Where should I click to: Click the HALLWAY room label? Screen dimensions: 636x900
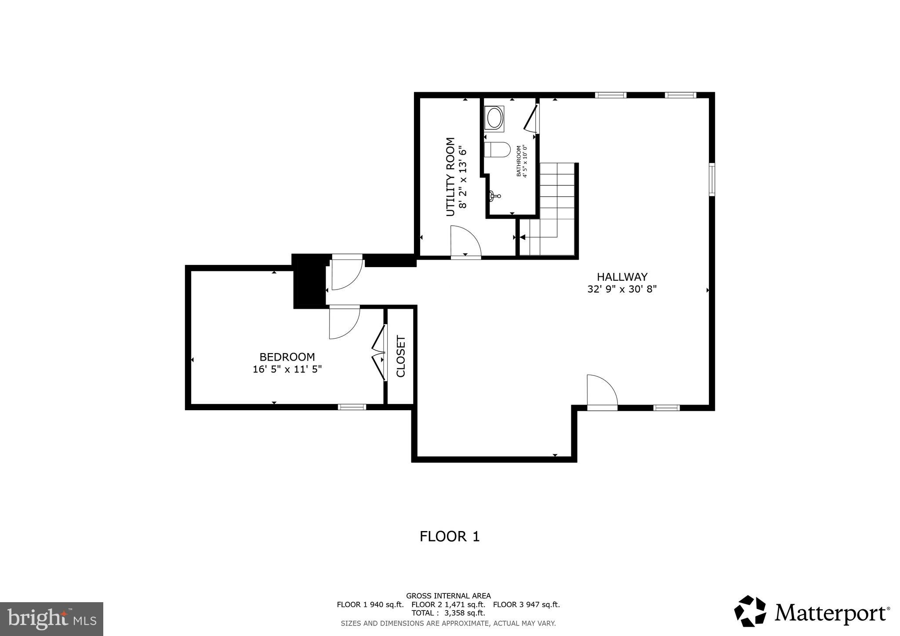tap(622, 277)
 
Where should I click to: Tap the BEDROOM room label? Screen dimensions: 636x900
tap(287, 357)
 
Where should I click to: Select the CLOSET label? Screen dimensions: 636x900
tap(401, 356)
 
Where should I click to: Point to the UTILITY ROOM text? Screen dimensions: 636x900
tap(450, 177)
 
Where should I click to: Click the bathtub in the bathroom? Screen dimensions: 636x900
tap(494, 118)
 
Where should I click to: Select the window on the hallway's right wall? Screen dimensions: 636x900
tap(711, 179)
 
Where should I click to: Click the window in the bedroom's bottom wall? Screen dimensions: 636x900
tap(352, 407)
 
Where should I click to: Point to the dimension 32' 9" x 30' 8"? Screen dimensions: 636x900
tap(622, 289)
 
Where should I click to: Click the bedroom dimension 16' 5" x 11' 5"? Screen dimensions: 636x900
tap(287, 369)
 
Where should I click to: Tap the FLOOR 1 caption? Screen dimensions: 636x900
tap(450, 536)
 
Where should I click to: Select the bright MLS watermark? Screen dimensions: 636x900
tap(51, 619)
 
